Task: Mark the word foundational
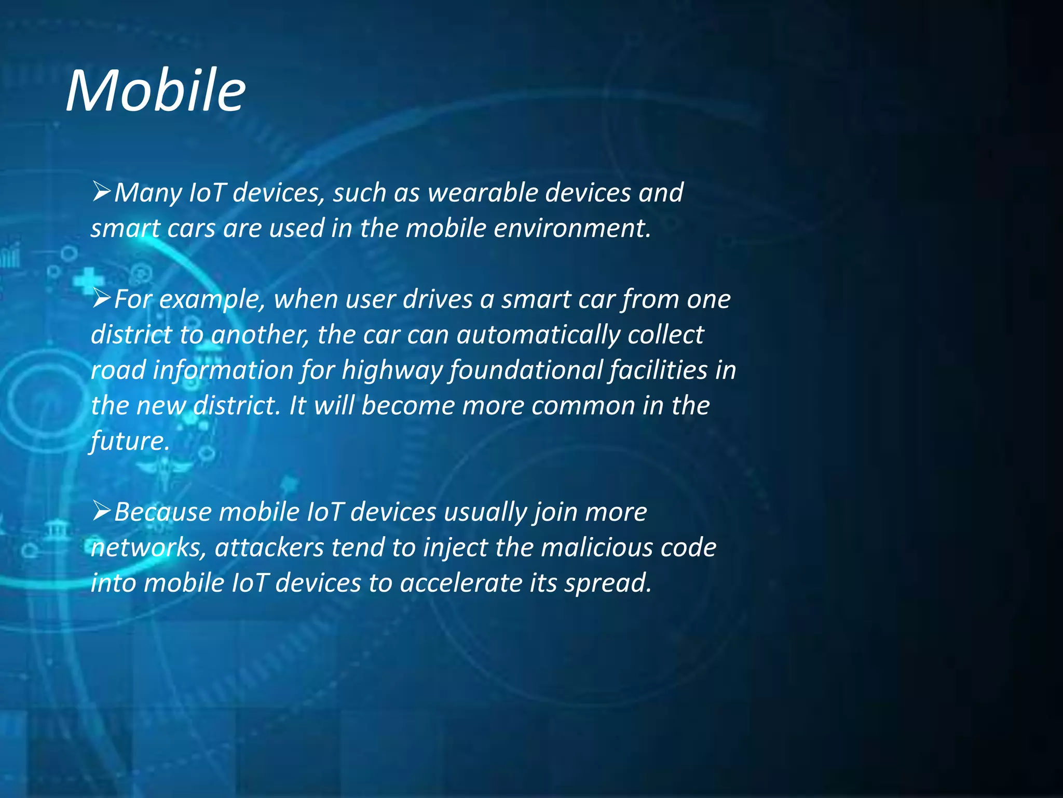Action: tap(526, 370)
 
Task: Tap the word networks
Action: tap(149, 548)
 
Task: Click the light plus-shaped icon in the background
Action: tap(89, 281)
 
